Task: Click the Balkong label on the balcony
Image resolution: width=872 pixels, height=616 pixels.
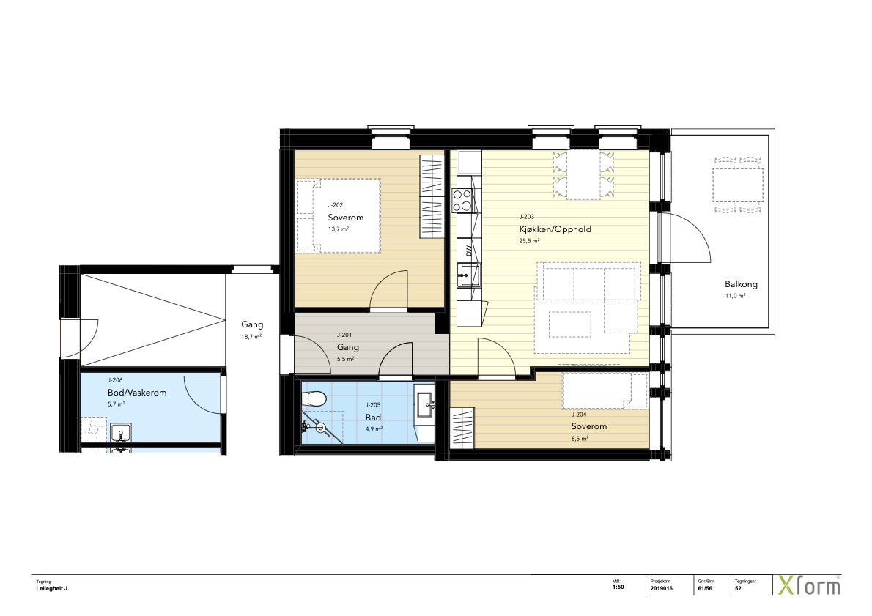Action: pyautogui.click(x=741, y=284)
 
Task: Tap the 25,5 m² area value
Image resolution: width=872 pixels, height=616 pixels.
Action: pyautogui.click(x=529, y=241)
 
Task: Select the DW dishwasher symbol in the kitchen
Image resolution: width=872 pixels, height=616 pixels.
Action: pyautogui.click(x=469, y=251)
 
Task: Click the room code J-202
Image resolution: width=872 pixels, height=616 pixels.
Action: pyautogui.click(x=336, y=205)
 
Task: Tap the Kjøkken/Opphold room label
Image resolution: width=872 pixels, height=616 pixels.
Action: pyautogui.click(x=555, y=229)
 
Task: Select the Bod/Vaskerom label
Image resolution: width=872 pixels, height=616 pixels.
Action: pyautogui.click(x=137, y=393)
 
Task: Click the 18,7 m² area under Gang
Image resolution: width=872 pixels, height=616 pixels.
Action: pyautogui.click(x=251, y=336)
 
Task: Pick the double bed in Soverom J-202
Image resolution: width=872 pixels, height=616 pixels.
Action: pyautogui.click(x=338, y=216)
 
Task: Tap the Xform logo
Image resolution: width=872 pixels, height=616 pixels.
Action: pyautogui.click(x=808, y=586)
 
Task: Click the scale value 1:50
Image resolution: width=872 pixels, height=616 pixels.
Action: pyautogui.click(x=618, y=587)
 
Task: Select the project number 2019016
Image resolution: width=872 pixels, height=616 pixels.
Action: pyautogui.click(x=661, y=588)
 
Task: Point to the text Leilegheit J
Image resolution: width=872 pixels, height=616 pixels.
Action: pyautogui.click(x=52, y=588)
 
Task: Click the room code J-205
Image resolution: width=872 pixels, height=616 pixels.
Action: pyautogui.click(x=372, y=405)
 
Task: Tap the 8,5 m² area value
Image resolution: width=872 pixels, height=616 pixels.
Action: pyautogui.click(x=580, y=438)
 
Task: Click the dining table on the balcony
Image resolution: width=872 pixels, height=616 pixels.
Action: pyautogui.click(x=738, y=185)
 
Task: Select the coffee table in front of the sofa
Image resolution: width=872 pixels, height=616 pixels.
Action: pyautogui.click(x=570, y=324)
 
